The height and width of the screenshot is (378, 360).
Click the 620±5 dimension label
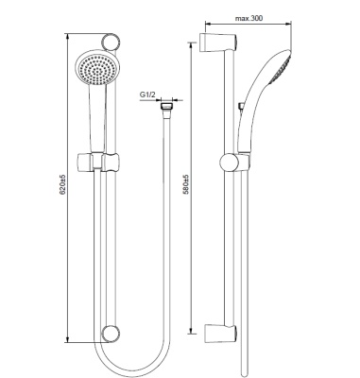[x=62, y=184]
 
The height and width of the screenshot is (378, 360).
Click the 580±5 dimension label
[x=186, y=184]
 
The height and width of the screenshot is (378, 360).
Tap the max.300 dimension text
[x=249, y=19]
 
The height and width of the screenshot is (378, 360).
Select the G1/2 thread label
[x=148, y=94]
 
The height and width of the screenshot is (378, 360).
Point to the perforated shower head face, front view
[x=94, y=69]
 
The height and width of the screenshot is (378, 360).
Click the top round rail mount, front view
[x=111, y=41]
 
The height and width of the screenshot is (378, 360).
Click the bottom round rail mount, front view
[x=111, y=334]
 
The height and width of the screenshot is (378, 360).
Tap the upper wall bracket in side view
[x=218, y=42]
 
